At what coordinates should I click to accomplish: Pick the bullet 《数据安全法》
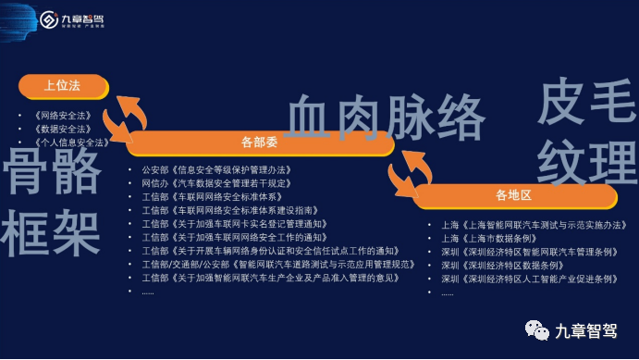(x=63, y=129)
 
